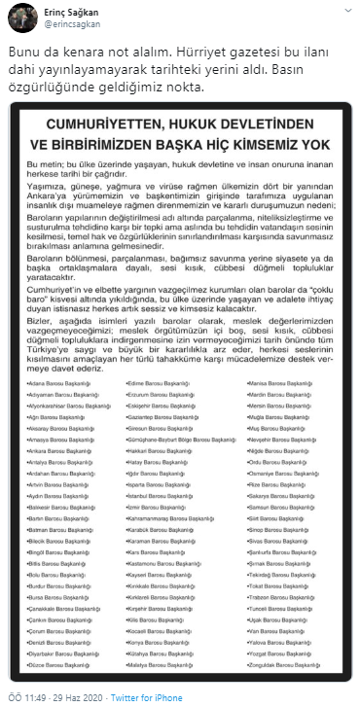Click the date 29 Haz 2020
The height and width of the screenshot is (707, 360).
point(70,698)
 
